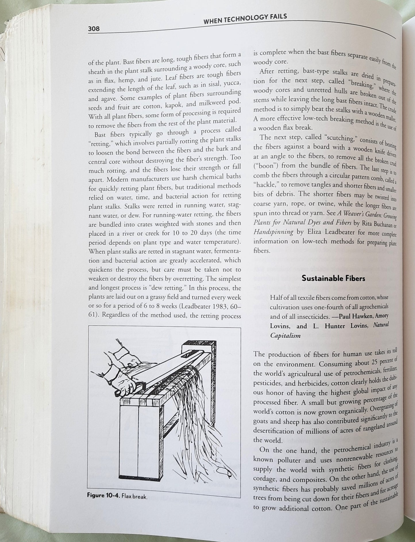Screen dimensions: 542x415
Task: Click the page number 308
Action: point(94,29)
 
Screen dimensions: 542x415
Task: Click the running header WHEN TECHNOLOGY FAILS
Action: point(245,19)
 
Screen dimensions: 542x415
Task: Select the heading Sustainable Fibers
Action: point(333,278)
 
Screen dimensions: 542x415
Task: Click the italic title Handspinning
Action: point(273,232)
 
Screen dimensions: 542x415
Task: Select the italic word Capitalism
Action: point(285,335)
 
